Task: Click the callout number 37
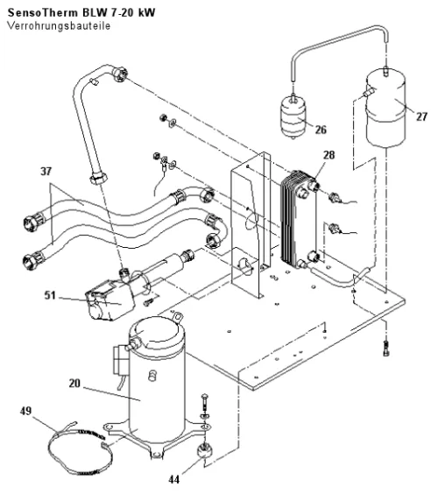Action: pos(46,172)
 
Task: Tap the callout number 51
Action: pos(50,295)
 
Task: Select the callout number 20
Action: pos(74,384)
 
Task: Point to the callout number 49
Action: pos(25,411)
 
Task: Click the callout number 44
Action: pos(174,479)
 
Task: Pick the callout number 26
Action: pos(321,130)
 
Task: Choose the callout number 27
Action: pos(421,116)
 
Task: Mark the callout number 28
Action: pos(329,155)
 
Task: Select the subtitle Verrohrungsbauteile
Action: pos(59,25)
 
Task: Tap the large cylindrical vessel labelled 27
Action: pos(385,109)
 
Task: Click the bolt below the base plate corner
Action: pos(386,349)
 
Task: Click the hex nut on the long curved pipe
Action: pos(98,180)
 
